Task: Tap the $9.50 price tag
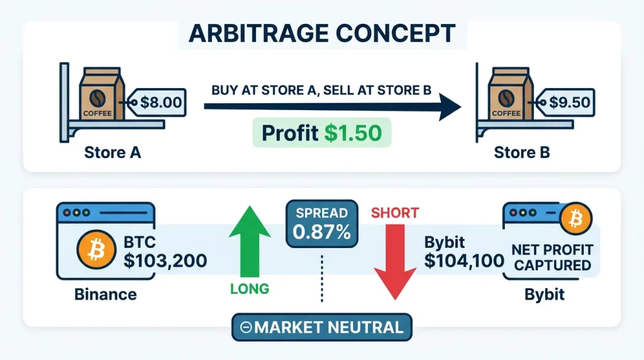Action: tap(566, 103)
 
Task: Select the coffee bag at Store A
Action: tap(102, 94)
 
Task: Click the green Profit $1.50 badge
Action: tap(322, 133)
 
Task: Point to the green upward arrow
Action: tap(250, 241)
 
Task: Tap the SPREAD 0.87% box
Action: tap(322, 224)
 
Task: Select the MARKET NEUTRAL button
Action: tap(322, 327)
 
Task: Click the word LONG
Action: tap(250, 289)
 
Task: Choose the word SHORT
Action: tap(395, 213)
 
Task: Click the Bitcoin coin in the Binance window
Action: tap(96, 249)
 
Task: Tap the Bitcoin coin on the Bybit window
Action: tap(575, 218)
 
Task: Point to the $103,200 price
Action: tap(165, 261)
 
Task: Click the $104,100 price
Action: tap(464, 261)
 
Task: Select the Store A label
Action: tap(113, 152)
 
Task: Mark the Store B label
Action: tap(521, 152)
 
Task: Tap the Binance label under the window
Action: tap(106, 295)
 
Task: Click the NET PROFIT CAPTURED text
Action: tap(552, 257)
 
